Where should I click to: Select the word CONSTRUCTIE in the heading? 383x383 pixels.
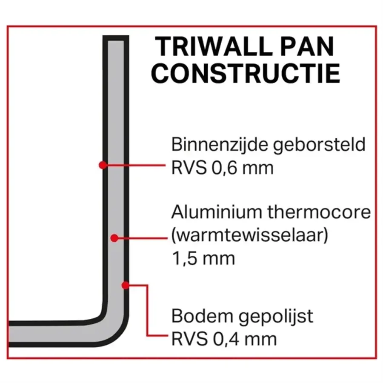point(246,73)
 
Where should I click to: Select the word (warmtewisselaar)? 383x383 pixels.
point(250,235)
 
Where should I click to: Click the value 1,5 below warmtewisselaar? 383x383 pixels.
point(183,258)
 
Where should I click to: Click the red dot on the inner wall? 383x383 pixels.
point(102,165)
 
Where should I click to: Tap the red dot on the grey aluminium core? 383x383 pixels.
point(114,238)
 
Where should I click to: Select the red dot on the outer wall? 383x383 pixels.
point(125,285)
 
